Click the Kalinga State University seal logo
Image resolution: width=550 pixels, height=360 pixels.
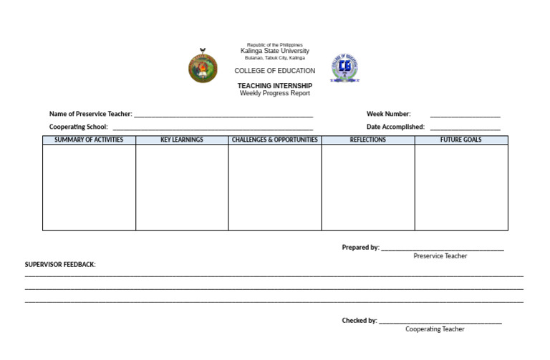pyautogui.click(x=203, y=65)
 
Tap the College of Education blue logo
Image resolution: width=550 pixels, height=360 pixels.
pyautogui.click(x=345, y=67)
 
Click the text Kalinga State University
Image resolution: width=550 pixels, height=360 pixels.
pyautogui.click(x=275, y=52)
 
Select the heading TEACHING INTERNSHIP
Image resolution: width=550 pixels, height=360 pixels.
pyautogui.click(x=275, y=86)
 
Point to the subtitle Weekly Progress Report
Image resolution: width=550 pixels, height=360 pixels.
pyautogui.click(x=275, y=94)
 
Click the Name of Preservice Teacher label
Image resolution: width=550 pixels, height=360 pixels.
pyautogui.click(x=90, y=114)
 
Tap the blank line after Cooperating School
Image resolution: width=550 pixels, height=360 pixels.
pyautogui.click(x=213, y=127)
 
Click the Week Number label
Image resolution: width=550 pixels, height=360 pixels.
pyautogui.click(x=388, y=114)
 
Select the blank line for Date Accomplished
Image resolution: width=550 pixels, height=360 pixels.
pyautogui.click(x=465, y=127)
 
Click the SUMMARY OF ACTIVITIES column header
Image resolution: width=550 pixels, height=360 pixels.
pyautogui.click(x=89, y=140)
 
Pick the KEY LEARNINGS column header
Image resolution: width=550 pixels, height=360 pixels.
pyautogui.click(x=182, y=140)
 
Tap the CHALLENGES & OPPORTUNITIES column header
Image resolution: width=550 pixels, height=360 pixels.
pyautogui.click(x=275, y=140)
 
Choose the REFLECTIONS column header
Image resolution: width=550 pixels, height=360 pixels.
pyautogui.click(x=368, y=140)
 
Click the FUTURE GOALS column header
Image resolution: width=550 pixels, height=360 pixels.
pyautogui.click(x=461, y=140)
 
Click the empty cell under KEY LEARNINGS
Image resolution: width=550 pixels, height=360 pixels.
pyautogui.click(x=182, y=188)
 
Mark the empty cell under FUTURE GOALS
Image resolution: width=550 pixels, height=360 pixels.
pyautogui.click(x=461, y=188)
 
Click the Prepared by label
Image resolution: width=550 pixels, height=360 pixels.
pyautogui.click(x=360, y=248)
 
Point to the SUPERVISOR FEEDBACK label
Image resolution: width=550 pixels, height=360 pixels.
pyautogui.click(x=60, y=265)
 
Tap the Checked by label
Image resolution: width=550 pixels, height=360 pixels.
pyautogui.click(x=360, y=321)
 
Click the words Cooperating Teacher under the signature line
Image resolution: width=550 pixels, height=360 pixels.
pyautogui.click(x=435, y=329)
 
